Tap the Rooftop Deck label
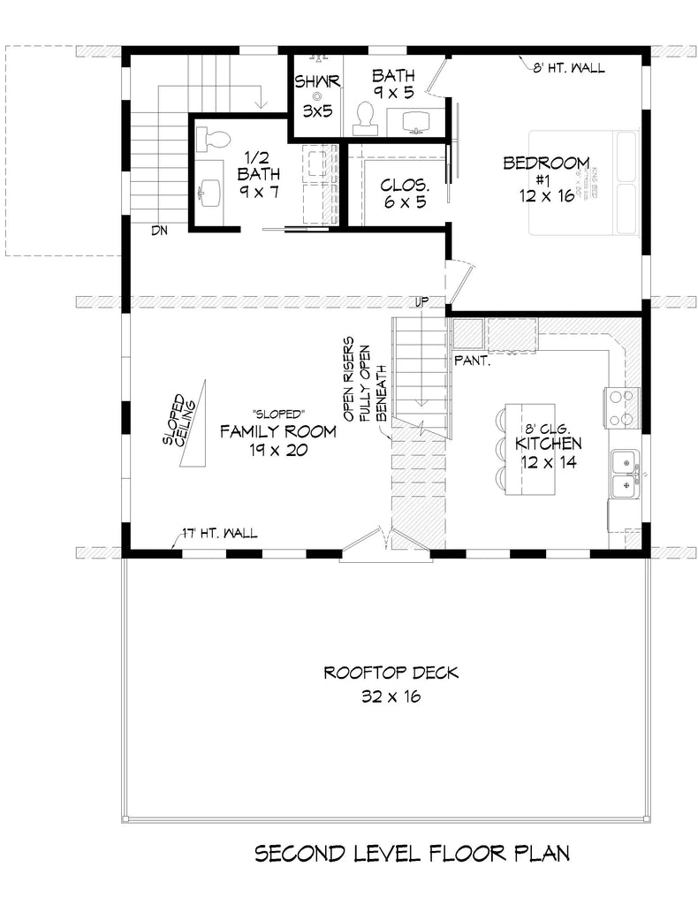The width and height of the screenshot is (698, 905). pyautogui.click(x=391, y=684)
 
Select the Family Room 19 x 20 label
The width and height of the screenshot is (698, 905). pyautogui.click(x=277, y=440)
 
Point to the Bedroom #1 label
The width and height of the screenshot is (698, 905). pyautogui.click(x=546, y=179)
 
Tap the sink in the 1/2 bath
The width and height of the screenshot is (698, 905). pyautogui.click(x=209, y=190)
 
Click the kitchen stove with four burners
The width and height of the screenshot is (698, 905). pyautogui.click(x=620, y=407)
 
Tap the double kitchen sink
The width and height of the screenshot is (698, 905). pyautogui.click(x=626, y=471)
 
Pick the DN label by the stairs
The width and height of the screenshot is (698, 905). pyautogui.click(x=159, y=231)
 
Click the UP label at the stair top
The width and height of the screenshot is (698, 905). pyautogui.click(x=421, y=302)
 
